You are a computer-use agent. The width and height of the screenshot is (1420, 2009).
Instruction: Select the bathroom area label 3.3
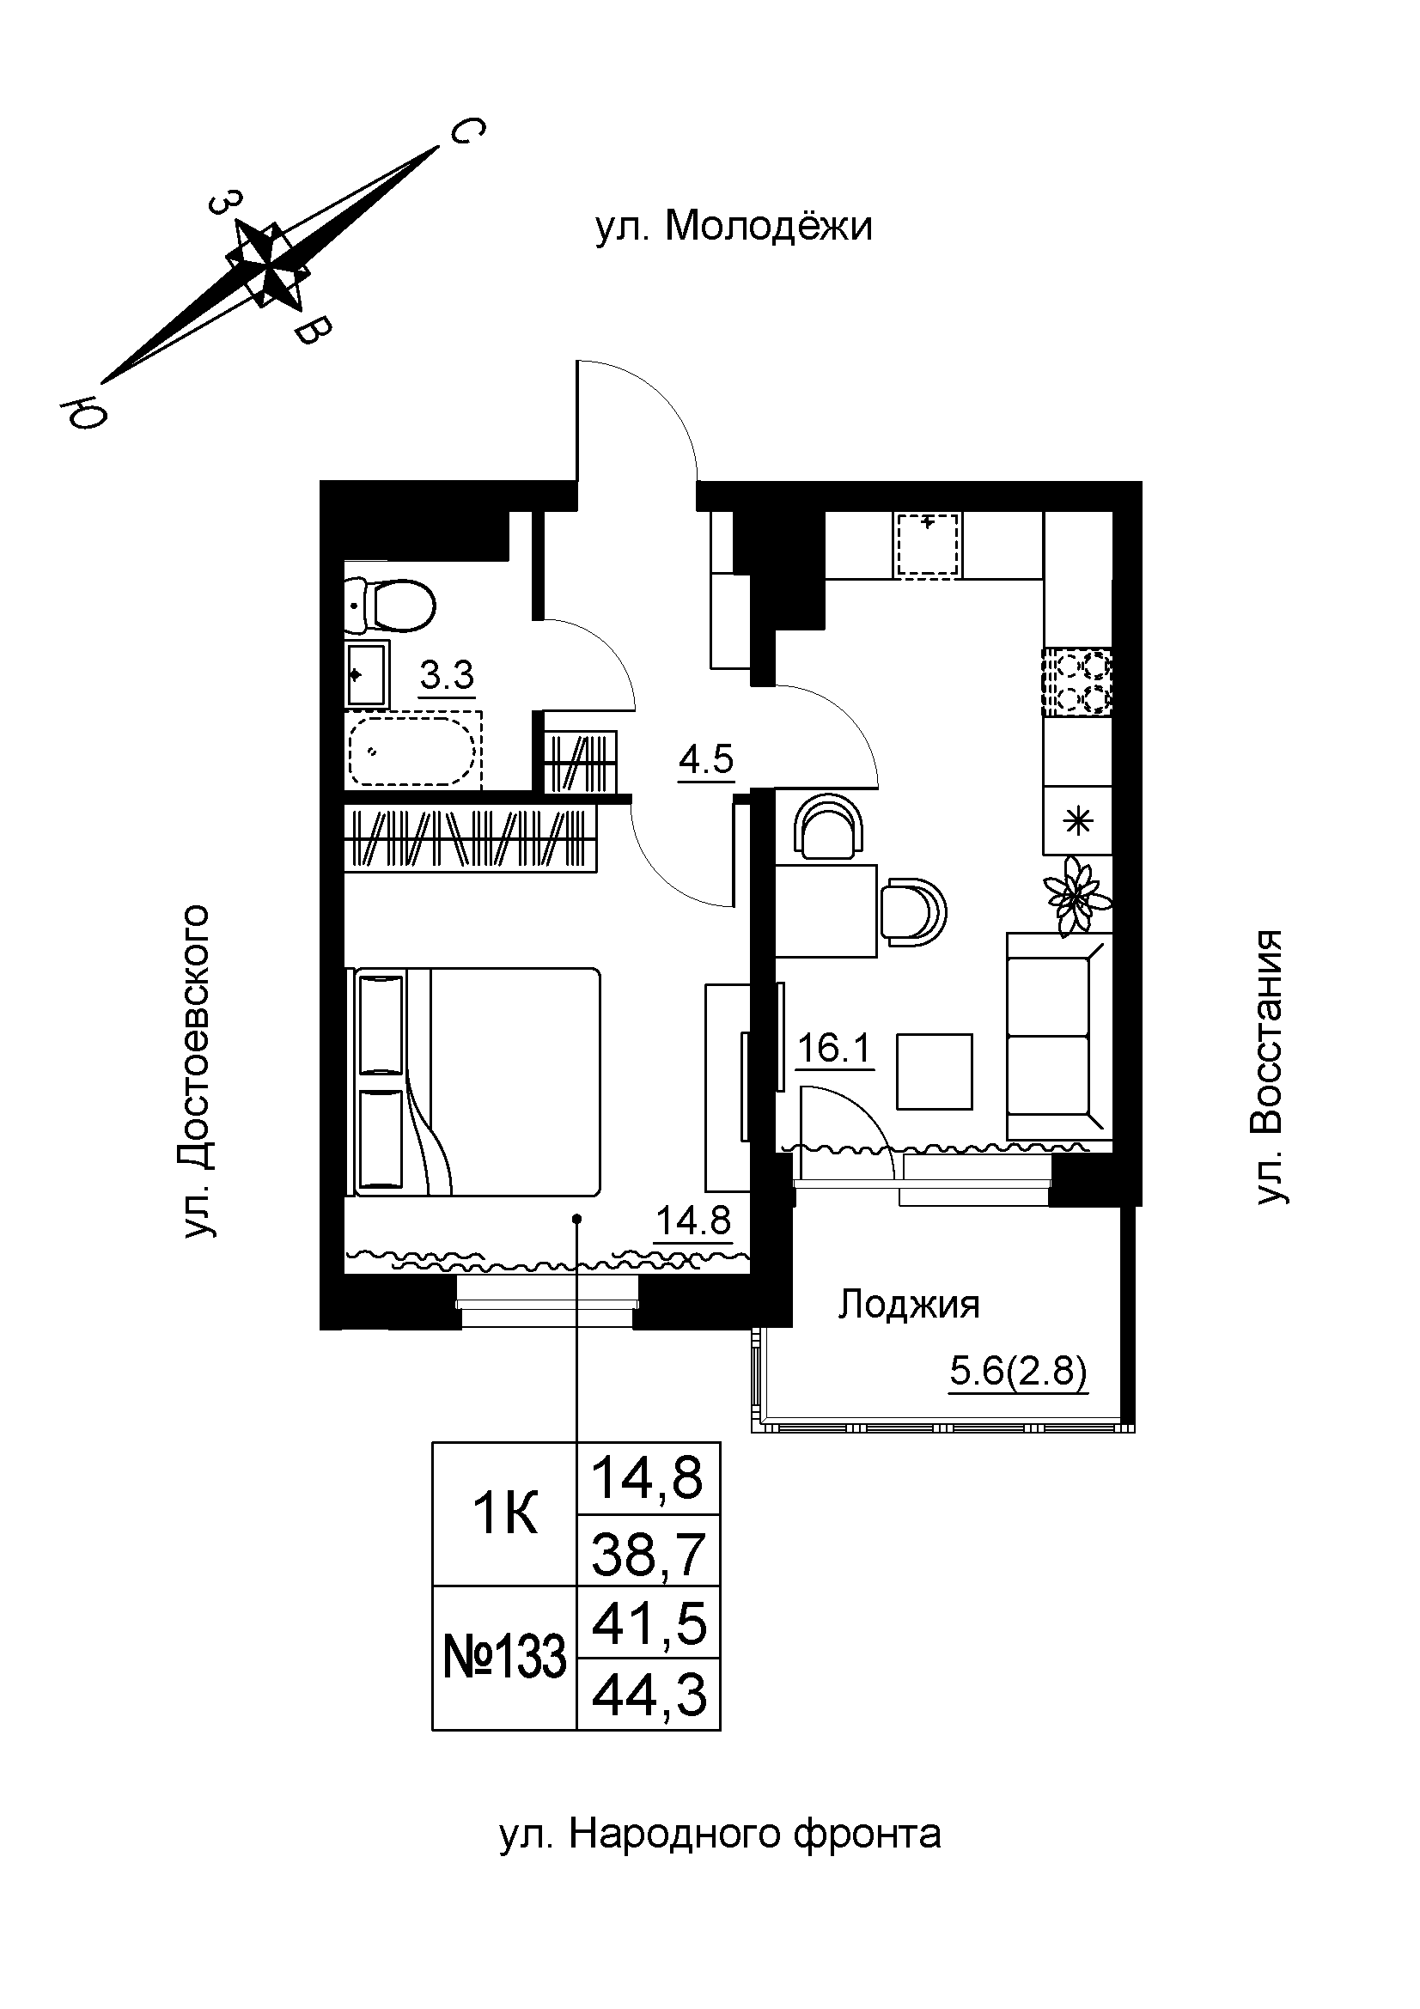coord(447,675)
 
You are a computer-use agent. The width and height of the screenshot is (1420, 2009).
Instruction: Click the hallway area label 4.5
coord(705,758)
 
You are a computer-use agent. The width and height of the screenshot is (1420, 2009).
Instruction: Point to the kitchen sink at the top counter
coord(929,545)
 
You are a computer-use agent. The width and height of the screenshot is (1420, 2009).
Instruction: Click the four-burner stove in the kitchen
coord(1077,682)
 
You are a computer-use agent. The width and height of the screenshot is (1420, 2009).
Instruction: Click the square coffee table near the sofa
coord(935,1071)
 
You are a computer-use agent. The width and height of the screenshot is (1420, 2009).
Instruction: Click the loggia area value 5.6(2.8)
coord(1017,1371)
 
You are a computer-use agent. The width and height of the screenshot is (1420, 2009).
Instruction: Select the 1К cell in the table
coord(505,1513)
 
